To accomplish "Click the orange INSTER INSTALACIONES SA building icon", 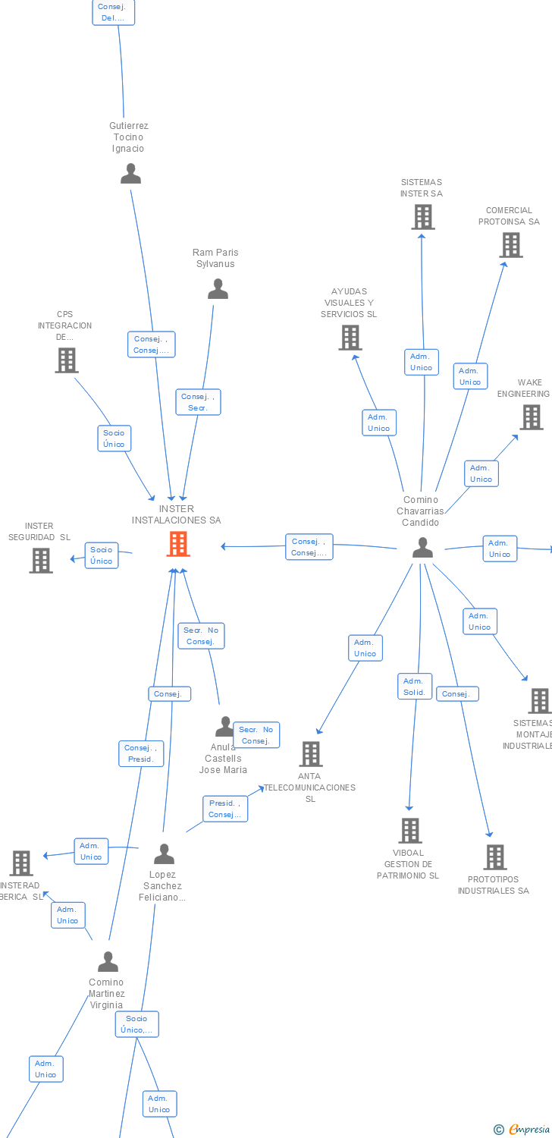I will pos(177,543).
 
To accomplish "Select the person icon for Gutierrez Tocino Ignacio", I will pos(130,174).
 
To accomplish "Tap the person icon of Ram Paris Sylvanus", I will pos(218,289).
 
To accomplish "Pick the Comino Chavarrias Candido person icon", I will pos(422,547).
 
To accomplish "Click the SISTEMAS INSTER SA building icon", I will pos(422,217).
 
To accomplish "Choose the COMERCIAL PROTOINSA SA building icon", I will pos(511,245).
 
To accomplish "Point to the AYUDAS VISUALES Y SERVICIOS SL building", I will pos(350,338).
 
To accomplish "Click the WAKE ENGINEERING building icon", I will pos(531,417).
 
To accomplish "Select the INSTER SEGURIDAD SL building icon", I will pos(41,561).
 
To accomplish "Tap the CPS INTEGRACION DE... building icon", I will pos(67,360).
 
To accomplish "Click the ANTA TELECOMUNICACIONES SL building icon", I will pos(311,754).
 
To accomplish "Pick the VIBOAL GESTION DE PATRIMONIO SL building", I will pos(410,831).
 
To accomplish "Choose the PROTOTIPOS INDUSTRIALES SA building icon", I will pos(495,857).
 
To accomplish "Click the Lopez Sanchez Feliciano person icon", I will pos(164,854).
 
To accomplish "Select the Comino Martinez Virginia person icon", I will pos(108,962).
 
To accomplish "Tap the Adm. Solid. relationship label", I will pos(415,687).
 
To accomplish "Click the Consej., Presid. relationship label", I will pos(141,753).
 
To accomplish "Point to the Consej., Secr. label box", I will pos(198,402).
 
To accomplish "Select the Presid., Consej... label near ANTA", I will pos(224,809).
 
